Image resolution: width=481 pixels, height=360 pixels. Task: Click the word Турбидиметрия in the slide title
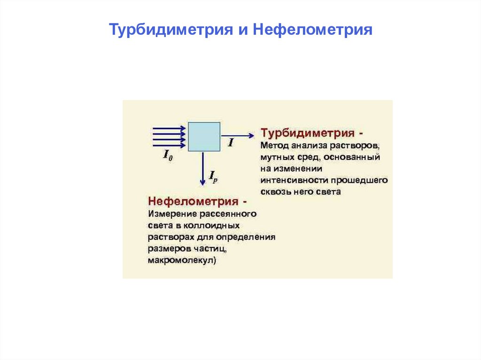171,30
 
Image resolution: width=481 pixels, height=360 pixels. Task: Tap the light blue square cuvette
204,137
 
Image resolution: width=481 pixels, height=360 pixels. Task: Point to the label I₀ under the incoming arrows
167,155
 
